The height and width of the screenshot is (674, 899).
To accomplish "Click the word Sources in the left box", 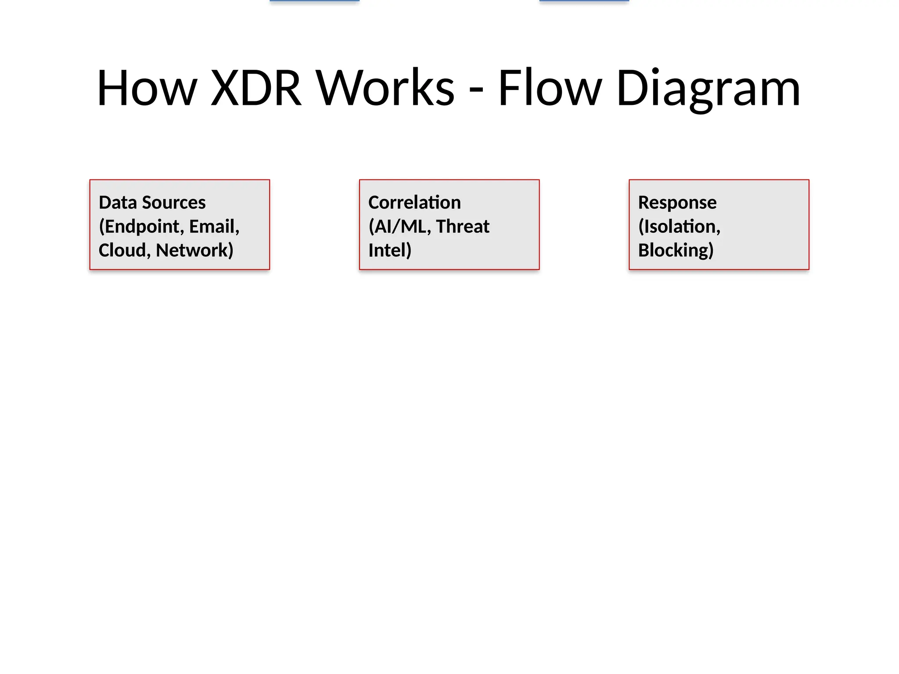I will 173,203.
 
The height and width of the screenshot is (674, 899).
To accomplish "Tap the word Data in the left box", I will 117,203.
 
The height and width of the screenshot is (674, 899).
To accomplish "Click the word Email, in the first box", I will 214,227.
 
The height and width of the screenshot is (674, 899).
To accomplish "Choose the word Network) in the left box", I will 194,251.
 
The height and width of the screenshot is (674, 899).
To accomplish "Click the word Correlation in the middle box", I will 414,203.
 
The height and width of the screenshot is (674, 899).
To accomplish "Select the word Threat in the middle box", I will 463,227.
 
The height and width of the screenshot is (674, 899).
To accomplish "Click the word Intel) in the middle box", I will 390,251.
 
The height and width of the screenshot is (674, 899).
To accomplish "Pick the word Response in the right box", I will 677,203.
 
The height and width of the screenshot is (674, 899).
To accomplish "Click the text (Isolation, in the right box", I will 679,227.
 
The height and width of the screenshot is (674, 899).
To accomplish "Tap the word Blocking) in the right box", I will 676,251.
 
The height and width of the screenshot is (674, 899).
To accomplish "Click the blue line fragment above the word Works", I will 314,1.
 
